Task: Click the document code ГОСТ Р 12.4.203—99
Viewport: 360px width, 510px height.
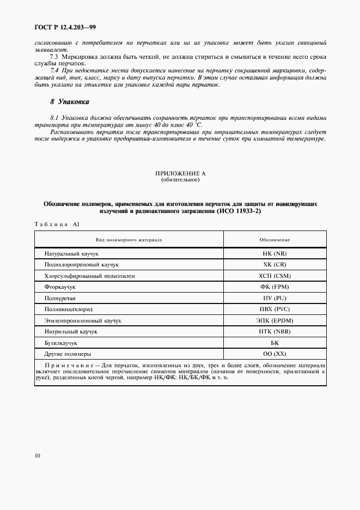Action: point(64,27)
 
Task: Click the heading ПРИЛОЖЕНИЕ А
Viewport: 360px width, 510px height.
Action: point(180,173)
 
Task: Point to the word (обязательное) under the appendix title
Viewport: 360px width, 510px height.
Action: point(180,179)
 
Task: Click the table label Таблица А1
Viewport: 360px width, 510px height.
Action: point(57,224)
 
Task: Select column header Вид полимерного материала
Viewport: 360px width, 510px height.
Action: point(129,239)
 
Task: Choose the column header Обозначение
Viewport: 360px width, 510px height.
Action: point(274,239)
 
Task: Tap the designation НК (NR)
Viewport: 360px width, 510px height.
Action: point(274,253)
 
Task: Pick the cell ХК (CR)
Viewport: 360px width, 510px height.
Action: point(274,264)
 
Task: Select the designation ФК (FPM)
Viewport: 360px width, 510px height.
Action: point(274,287)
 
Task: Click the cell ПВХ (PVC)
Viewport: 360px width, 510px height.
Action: point(274,308)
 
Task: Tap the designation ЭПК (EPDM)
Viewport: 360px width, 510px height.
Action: point(274,320)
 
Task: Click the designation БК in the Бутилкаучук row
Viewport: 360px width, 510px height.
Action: point(274,342)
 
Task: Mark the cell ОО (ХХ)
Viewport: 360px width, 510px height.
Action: point(274,353)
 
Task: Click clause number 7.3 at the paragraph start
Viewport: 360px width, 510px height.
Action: point(54,57)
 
